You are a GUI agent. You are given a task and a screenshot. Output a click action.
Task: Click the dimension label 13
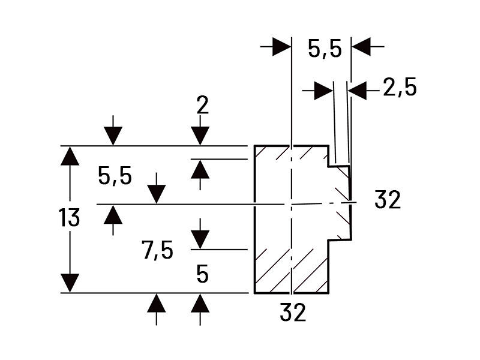pyautogui.click(x=70, y=218)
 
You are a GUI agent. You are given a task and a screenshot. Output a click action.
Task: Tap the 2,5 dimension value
pyautogui.click(x=399, y=88)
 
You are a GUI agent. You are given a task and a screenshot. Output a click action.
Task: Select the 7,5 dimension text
pyautogui.click(x=158, y=250)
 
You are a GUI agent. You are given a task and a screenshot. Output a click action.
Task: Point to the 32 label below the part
pyautogui.click(x=292, y=312)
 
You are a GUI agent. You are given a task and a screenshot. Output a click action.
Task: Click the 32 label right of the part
pyautogui.click(x=387, y=200)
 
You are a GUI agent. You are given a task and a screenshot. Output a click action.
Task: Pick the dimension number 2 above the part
pyautogui.click(x=202, y=106)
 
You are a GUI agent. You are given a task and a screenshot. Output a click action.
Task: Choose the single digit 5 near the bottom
pyautogui.click(x=202, y=275)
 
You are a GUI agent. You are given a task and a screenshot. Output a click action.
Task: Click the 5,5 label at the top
pyautogui.click(x=325, y=49)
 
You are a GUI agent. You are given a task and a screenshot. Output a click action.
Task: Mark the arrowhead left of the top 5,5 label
pyautogui.click(x=281, y=46)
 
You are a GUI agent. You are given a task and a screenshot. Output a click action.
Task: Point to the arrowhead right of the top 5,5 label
pyautogui.click(x=361, y=46)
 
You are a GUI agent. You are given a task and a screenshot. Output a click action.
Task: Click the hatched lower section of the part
pyautogui.click(x=291, y=270)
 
